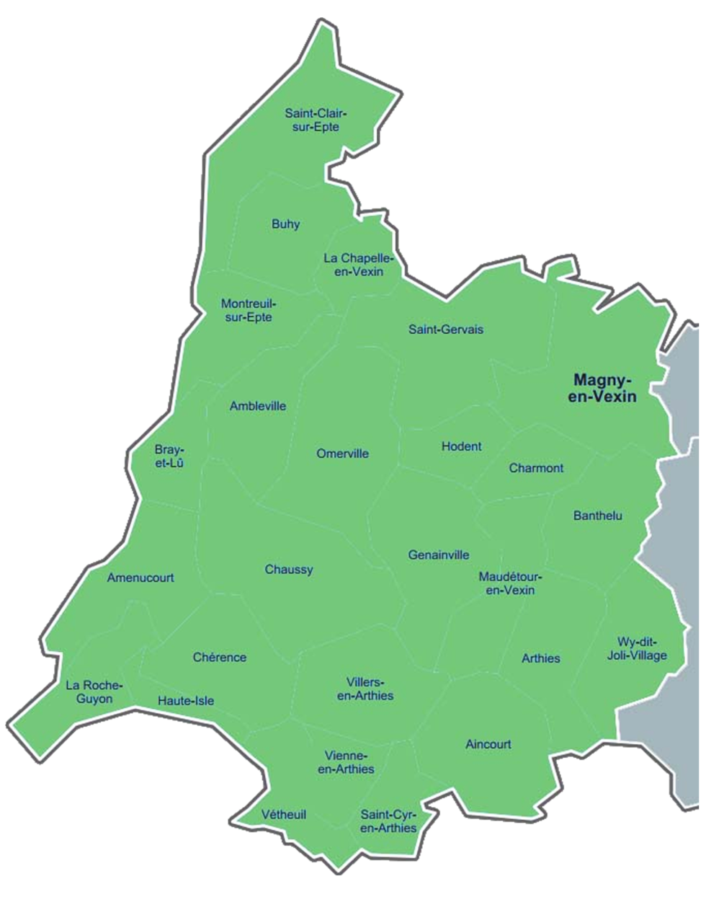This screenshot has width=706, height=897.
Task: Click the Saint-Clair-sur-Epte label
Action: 316,120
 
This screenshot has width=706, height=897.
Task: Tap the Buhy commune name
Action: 285,224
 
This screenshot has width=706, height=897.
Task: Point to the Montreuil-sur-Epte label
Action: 248,310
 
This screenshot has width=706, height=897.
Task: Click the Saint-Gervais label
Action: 446,330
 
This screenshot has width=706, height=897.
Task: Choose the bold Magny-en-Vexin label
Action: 602,387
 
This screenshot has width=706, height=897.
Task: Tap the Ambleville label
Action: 258,406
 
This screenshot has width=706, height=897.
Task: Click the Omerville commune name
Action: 342,454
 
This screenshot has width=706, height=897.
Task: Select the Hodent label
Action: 461,446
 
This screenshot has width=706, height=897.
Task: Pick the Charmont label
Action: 536,468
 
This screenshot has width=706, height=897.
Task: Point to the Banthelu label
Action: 597,516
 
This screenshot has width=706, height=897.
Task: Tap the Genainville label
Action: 438,554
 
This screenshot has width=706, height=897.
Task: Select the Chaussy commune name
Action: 289,570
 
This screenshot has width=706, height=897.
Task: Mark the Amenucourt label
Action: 140,578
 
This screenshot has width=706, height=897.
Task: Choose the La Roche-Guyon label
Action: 94,692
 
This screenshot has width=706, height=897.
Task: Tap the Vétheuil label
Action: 284,815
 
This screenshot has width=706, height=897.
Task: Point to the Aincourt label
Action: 488,744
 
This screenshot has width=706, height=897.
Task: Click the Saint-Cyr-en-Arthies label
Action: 388,821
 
